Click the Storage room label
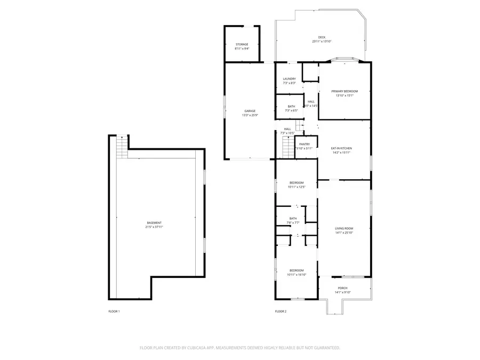coord(242,44)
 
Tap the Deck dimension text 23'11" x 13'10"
coord(322,42)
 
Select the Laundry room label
coord(289,79)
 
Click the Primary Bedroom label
coord(344,91)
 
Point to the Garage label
coord(250,111)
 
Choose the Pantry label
coord(305,144)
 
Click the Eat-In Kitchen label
coord(341,148)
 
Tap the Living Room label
coord(344,228)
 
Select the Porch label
coord(342,288)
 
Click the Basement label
coord(154,222)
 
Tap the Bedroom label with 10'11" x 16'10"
coord(297,270)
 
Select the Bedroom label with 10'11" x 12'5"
coord(296,182)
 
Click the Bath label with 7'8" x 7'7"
coord(293,218)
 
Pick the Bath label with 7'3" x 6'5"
coord(291,106)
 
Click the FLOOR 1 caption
coord(114,311)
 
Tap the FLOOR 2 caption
coord(281,311)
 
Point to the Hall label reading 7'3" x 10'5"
coord(287,129)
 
